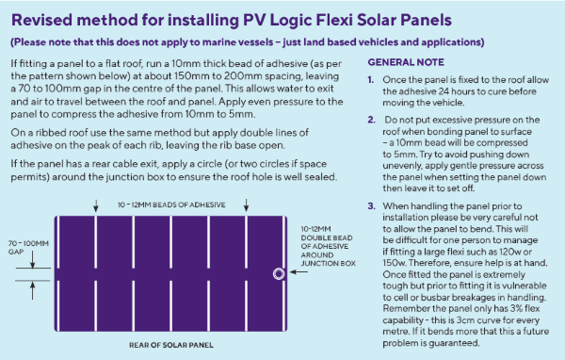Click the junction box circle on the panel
pos(278,274)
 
